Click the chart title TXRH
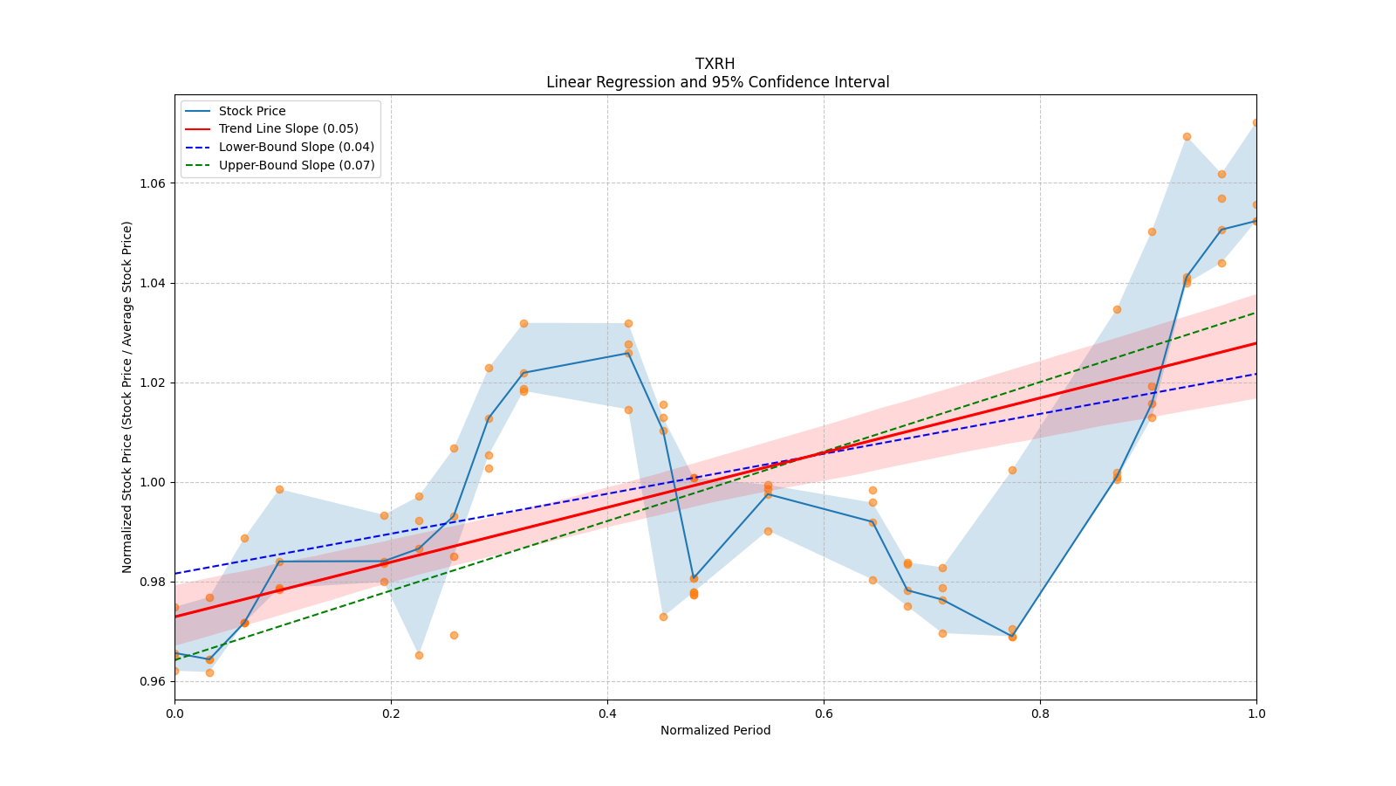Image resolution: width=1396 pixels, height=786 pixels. click(x=715, y=64)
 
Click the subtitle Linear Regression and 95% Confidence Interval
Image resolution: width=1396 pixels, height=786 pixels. click(x=717, y=82)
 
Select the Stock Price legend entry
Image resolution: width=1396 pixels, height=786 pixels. click(x=252, y=111)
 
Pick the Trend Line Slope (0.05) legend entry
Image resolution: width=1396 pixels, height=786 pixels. click(x=288, y=128)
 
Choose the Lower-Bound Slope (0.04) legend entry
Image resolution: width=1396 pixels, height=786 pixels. click(x=296, y=147)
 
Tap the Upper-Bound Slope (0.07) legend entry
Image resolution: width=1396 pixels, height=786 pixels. click(x=297, y=165)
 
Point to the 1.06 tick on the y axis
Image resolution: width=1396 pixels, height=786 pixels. click(x=154, y=183)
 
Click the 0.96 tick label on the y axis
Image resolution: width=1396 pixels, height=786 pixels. click(x=154, y=681)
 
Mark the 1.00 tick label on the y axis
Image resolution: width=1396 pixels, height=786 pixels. click(x=154, y=482)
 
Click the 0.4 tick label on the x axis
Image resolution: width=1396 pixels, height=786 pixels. click(x=607, y=714)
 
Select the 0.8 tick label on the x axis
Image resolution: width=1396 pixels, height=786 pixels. click(x=1040, y=714)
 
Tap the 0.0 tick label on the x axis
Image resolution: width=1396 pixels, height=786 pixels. click(x=174, y=714)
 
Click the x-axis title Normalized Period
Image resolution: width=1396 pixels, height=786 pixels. click(x=715, y=730)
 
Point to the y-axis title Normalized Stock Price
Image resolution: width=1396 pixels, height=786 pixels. click(x=127, y=396)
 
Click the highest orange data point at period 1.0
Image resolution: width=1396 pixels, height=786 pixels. click(x=1256, y=123)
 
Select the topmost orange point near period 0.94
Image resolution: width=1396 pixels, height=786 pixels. click(x=1187, y=136)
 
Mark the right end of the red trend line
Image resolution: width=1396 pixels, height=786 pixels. click(x=1256, y=343)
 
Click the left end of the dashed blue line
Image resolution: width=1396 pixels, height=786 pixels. click(x=175, y=574)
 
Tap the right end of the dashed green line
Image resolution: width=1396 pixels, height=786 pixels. click(x=1256, y=313)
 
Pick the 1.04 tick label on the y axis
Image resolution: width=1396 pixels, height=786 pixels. click(x=154, y=283)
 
